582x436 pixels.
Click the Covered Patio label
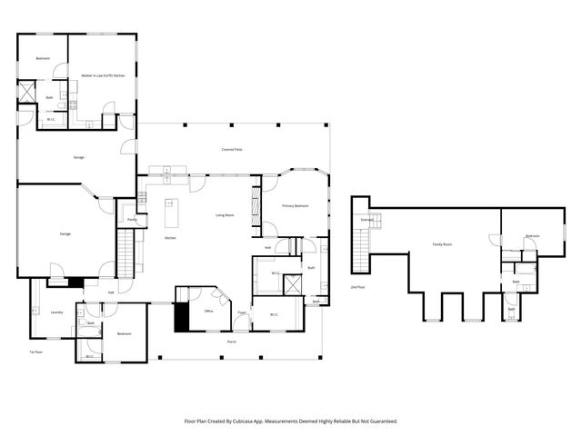point(232,149)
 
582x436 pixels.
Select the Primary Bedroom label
point(295,206)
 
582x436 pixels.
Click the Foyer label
point(242,312)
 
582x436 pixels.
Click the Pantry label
point(132,220)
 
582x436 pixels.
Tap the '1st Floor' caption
point(36,352)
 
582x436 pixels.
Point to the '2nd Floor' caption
point(357,287)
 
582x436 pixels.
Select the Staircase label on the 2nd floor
point(367,220)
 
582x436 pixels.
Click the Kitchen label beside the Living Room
point(170,238)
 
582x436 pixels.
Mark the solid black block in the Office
point(181,316)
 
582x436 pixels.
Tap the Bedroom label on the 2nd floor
point(532,236)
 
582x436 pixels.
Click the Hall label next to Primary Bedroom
point(268,247)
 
